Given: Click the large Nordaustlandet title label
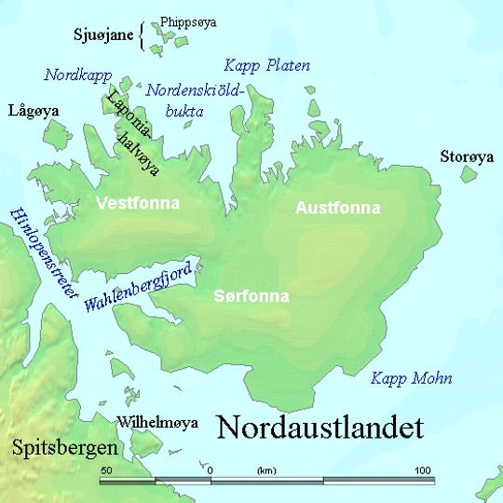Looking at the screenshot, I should (x=319, y=428).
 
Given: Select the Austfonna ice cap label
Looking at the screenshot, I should (x=337, y=208).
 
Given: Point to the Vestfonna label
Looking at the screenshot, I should (x=138, y=202).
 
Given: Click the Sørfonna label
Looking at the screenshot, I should (x=251, y=296).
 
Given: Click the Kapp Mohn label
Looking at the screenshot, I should (x=411, y=378).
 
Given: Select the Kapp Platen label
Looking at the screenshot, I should (x=267, y=65).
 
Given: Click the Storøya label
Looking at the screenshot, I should (x=467, y=157).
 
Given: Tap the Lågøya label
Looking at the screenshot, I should (x=33, y=111).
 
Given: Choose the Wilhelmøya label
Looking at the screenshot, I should (x=157, y=423).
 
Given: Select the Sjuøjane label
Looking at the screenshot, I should (x=105, y=35).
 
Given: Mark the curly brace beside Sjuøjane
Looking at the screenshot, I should (x=143, y=35).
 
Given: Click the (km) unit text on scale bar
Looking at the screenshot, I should (x=267, y=470).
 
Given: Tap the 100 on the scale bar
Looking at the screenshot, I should (x=423, y=469).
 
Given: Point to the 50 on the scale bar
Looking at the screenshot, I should (x=107, y=469).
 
